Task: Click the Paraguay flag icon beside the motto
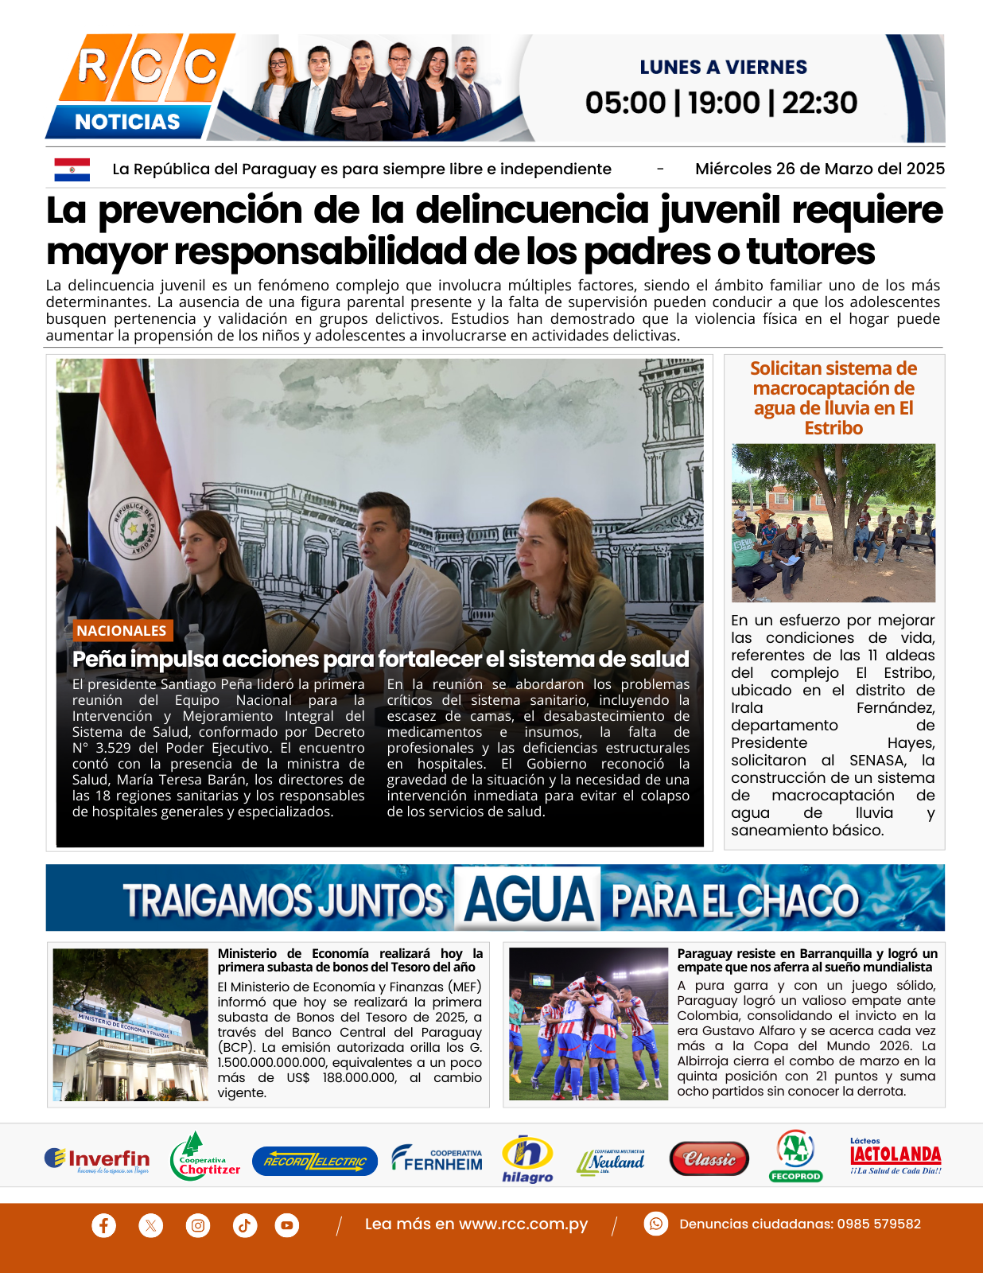[72, 169]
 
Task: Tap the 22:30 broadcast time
[819, 103]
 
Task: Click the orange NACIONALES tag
[122, 630]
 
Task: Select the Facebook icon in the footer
[103, 1224]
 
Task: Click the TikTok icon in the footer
[244, 1224]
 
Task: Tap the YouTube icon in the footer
[287, 1224]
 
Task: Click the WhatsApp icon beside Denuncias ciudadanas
[655, 1224]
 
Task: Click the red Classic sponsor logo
[709, 1159]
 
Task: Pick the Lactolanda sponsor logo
[896, 1157]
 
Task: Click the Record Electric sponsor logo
[315, 1161]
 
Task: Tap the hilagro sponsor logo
[527, 1159]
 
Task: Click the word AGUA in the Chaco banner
[529, 900]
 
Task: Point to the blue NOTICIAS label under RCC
[127, 122]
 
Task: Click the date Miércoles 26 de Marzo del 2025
[819, 169]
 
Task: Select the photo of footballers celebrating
[589, 1024]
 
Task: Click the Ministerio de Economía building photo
[130, 1024]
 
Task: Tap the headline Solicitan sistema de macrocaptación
[833, 398]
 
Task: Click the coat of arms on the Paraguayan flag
[134, 528]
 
